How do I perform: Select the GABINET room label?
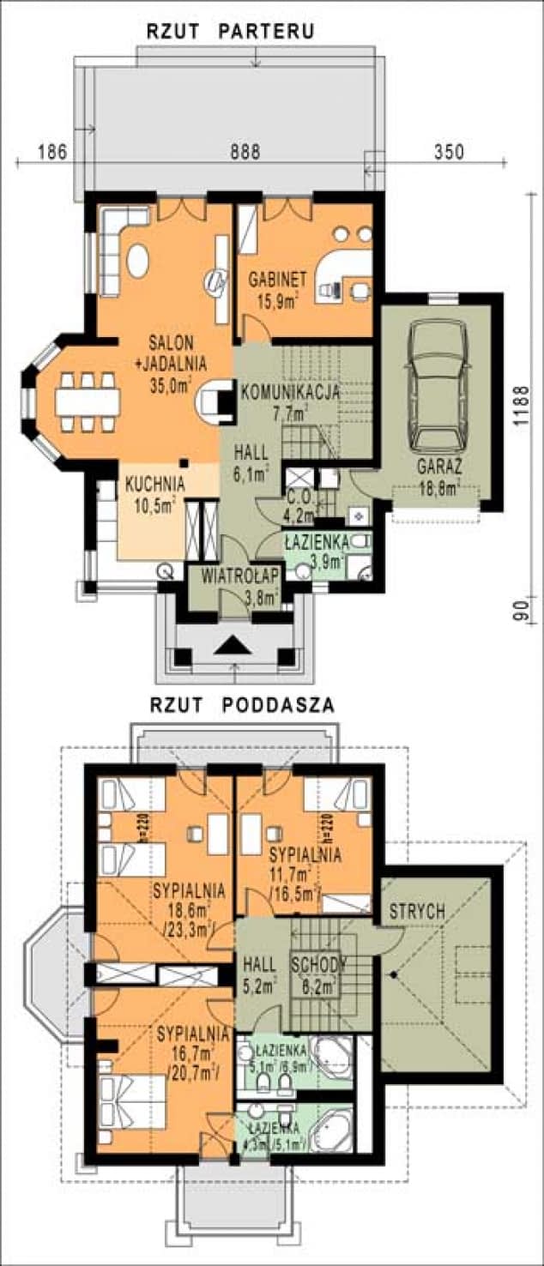tap(277, 280)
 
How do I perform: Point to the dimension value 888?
tap(245, 152)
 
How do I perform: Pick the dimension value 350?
tap(448, 152)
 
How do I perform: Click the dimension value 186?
tap(52, 152)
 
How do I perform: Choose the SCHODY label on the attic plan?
tap(317, 964)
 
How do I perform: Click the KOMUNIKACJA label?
tap(290, 391)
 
